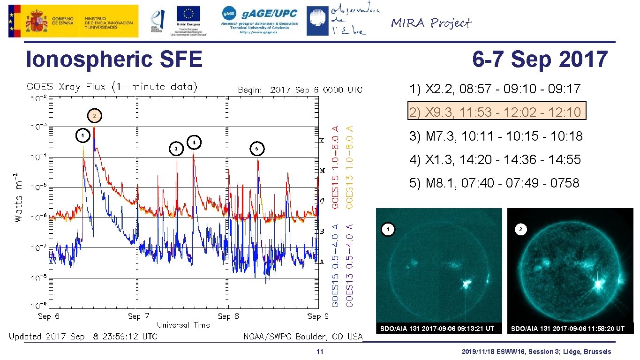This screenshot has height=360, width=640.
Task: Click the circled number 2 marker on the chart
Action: pyautogui.click(x=95, y=115)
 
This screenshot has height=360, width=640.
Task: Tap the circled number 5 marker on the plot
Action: pyautogui.click(x=256, y=149)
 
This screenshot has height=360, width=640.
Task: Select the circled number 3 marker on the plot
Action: pyautogui.click(x=176, y=149)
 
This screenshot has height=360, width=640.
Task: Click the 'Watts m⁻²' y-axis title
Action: pyautogui.click(x=18, y=197)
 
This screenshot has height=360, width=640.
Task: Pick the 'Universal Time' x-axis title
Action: pyautogui.click(x=183, y=325)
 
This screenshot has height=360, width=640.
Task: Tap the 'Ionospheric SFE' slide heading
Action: pyautogui.click(x=114, y=60)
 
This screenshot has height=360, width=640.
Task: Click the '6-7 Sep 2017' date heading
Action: pyautogui.click(x=540, y=60)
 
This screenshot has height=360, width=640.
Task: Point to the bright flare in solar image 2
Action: pyautogui.click(x=598, y=284)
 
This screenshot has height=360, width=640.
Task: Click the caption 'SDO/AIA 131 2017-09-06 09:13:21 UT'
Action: pyautogui.click(x=437, y=329)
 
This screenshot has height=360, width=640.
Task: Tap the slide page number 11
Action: pyautogui.click(x=319, y=352)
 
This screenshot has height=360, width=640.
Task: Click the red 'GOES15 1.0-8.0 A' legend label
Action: pyautogui.click(x=336, y=167)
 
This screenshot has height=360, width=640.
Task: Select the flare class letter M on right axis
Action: pyautogui.click(x=322, y=171)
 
